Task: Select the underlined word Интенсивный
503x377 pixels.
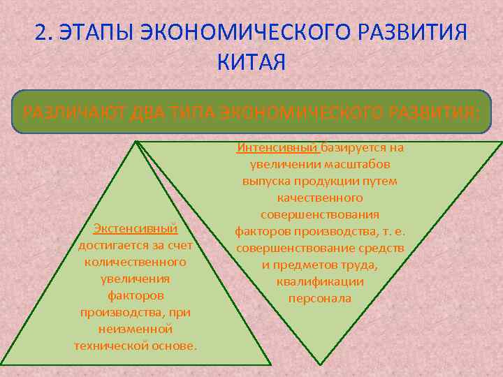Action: point(278,147)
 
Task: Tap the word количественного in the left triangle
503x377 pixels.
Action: point(135,262)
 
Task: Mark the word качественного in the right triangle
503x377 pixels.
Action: point(320,198)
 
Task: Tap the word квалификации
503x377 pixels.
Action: point(320,281)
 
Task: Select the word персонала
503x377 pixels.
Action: point(320,298)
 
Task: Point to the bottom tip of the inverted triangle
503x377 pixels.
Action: point(321,363)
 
